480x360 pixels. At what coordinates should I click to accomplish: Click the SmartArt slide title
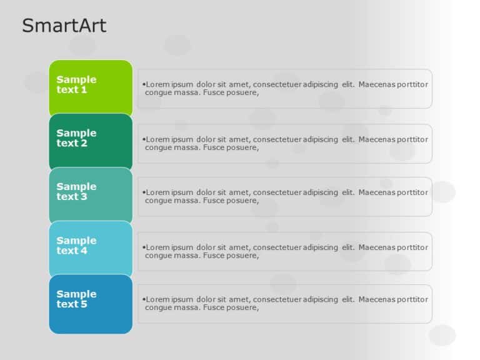click(x=64, y=26)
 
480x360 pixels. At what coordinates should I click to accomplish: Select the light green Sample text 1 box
click(x=91, y=86)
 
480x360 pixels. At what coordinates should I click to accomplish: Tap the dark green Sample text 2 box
click(x=91, y=140)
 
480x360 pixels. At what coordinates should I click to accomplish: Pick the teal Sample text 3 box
click(x=91, y=194)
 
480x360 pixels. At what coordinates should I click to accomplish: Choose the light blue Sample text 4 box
click(x=91, y=247)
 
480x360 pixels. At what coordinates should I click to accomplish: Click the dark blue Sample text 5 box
click(x=91, y=303)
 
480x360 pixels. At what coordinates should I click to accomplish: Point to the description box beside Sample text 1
click(x=284, y=89)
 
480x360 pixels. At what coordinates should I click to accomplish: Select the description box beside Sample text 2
click(x=284, y=144)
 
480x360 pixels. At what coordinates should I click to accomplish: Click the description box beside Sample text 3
click(x=284, y=197)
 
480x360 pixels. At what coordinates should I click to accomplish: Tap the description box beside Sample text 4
click(x=284, y=251)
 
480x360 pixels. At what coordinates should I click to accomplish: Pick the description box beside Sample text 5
click(x=284, y=304)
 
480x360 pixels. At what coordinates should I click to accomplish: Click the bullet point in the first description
click(x=144, y=84)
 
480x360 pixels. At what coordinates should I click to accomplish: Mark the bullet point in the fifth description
click(x=144, y=299)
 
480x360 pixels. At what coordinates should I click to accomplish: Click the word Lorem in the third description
click(x=157, y=192)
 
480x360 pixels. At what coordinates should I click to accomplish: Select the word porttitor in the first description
click(x=413, y=84)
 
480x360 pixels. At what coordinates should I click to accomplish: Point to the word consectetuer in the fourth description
click(x=277, y=247)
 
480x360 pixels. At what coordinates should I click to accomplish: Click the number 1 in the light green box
click(x=84, y=90)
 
